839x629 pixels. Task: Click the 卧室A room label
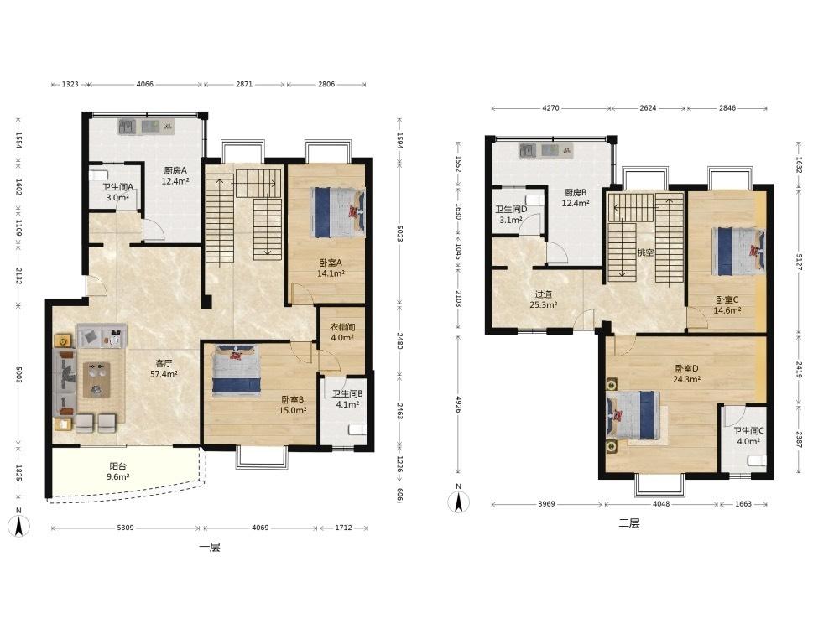click(330, 263)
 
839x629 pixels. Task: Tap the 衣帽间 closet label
click(342, 327)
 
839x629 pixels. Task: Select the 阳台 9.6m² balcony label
click(117, 471)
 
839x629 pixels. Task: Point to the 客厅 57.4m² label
click(164, 368)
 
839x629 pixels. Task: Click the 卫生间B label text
click(347, 393)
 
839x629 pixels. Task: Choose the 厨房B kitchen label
click(576, 193)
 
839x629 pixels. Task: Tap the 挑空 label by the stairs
click(645, 252)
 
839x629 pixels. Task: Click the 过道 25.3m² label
click(543, 299)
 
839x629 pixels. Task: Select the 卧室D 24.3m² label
click(686, 374)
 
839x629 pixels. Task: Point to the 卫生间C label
click(748, 430)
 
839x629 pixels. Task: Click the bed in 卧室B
click(236, 370)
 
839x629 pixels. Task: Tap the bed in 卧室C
click(739, 251)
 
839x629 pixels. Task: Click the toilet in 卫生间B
click(357, 429)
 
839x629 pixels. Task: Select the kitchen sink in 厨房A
click(127, 127)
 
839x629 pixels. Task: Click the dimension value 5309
click(125, 528)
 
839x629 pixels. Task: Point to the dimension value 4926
click(459, 404)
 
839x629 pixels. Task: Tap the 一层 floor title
click(209, 547)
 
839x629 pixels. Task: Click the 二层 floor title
click(629, 523)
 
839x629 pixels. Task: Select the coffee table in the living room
click(96, 380)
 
